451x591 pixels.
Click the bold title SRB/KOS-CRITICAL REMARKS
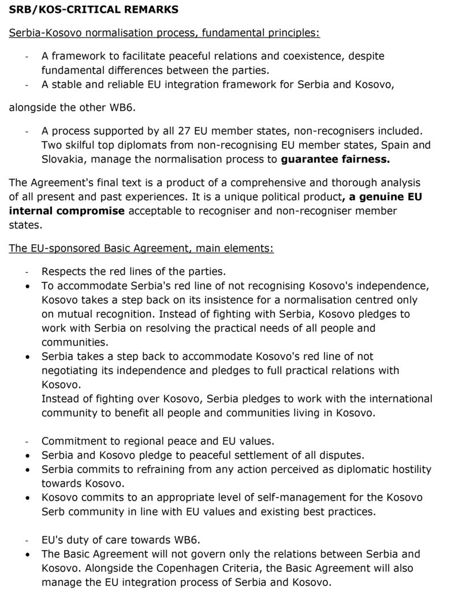tap(94, 9)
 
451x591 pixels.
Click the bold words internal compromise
tap(67, 211)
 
